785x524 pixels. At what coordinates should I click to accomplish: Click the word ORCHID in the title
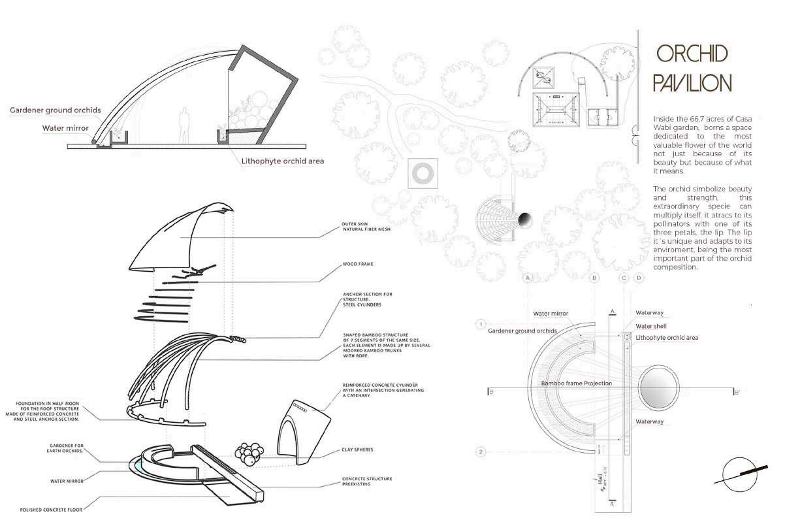[692, 54]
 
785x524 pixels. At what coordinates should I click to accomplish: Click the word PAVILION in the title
[692, 83]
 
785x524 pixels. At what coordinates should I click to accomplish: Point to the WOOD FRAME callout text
[358, 265]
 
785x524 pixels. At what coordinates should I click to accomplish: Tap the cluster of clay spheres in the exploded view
[249, 454]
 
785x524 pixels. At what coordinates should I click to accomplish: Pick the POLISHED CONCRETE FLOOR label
[51, 509]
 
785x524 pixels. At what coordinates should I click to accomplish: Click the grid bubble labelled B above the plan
[594, 278]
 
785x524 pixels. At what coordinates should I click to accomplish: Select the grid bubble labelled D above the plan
[639, 278]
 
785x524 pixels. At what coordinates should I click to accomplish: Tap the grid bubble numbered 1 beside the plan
[481, 324]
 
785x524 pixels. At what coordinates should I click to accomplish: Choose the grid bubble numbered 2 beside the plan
[481, 451]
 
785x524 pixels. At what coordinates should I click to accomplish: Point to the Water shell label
[650, 326]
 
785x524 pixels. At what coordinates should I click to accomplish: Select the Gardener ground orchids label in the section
[56, 110]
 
